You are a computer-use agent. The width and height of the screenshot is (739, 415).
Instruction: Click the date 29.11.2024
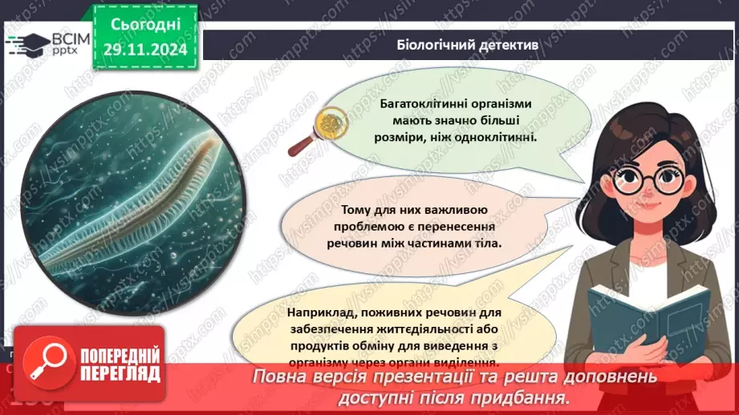(x=144, y=50)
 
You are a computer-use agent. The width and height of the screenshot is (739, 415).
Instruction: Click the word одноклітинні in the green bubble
(x=498, y=137)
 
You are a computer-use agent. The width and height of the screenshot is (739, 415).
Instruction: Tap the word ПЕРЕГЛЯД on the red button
(x=120, y=373)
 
